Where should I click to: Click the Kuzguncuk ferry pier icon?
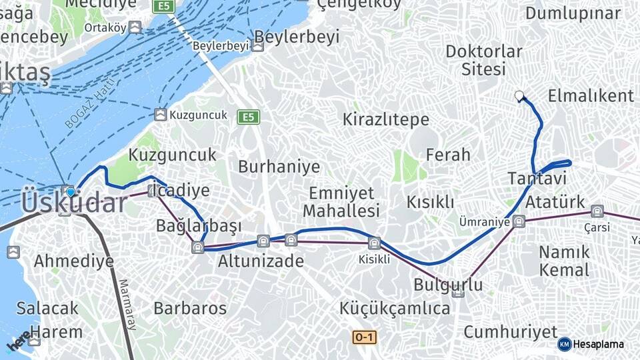point(160,115)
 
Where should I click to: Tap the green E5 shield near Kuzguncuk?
point(248,117)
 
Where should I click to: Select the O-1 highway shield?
point(364,337)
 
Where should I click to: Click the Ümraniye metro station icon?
point(519,221)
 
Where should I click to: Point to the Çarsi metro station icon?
point(597,211)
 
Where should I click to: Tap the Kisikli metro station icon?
point(374,243)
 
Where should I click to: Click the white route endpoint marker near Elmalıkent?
point(519,96)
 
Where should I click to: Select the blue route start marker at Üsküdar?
point(70,192)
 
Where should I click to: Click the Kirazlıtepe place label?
point(385,120)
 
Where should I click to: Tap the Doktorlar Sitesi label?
point(483,60)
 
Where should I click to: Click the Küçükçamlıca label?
point(395,309)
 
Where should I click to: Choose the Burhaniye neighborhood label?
point(279,166)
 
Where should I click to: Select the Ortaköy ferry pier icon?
point(135,27)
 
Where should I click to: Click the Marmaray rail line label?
point(127,303)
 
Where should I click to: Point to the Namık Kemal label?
point(564,261)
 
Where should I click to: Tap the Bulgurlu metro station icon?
point(458,293)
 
